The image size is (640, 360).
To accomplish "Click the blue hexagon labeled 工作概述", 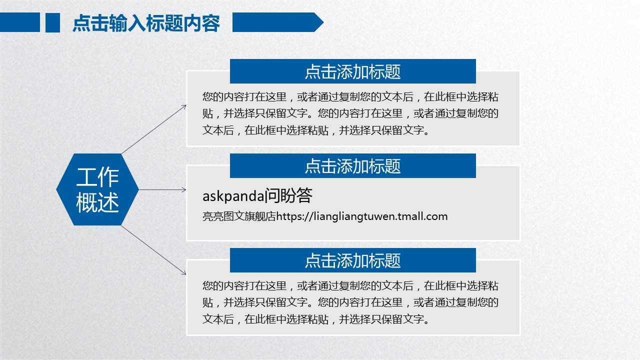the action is pos(97,189).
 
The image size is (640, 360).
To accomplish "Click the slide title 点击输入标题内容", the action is pos(146,23).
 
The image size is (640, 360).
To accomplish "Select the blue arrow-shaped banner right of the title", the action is pos(277,22).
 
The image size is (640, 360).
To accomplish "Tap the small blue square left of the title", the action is pos(52,22).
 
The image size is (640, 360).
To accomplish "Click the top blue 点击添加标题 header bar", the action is pos(353,71).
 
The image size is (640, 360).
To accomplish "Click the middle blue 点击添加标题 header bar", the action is pos(353,165).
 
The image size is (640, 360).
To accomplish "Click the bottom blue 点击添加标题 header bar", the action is pos(353,260).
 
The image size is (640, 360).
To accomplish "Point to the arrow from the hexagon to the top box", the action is pos(154,129).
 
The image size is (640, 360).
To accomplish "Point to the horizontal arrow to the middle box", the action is pos(162,189).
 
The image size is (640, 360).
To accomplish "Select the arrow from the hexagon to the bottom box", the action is pos(153,250).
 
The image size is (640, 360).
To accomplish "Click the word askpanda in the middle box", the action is pos(233,196).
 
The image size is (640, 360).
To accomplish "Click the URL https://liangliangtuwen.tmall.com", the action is pos(361,216).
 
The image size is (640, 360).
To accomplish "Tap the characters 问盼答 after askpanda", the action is pos(288,195).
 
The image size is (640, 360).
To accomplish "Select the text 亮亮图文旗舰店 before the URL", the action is pos(239,216).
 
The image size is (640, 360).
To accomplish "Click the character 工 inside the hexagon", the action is pos(86,177).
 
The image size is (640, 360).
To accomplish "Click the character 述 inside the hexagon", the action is pos(108,202).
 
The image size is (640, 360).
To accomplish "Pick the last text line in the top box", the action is pos(315,130).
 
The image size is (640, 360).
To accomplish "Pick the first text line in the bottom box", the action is pos(350,285).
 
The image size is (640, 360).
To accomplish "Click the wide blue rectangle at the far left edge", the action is pos(20,22).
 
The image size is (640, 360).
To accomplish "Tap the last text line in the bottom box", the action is pos(315,319).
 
